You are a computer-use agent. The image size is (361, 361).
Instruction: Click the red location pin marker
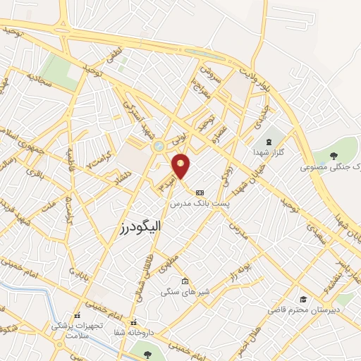181,165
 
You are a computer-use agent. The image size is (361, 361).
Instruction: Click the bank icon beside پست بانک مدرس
200,192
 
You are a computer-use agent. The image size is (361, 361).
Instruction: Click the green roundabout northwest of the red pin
159,145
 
